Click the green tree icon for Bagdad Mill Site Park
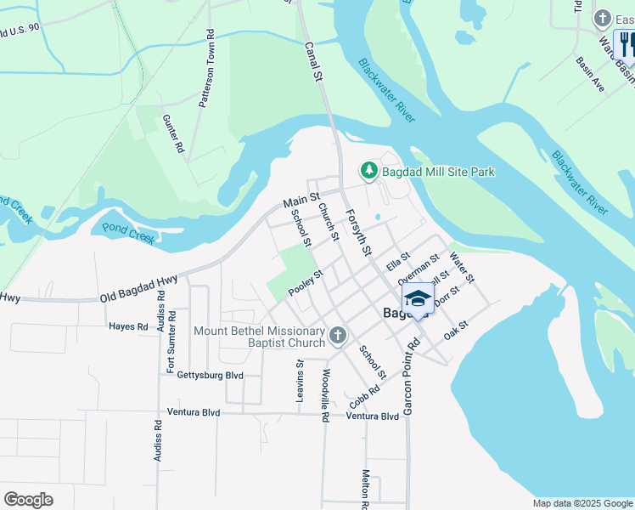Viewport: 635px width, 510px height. [x=369, y=172]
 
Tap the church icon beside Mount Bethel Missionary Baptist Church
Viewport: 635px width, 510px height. [x=337, y=336]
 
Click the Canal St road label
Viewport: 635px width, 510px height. [x=314, y=63]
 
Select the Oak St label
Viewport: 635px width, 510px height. [x=456, y=329]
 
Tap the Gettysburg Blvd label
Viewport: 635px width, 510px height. [x=210, y=375]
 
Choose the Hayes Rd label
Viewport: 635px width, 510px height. [x=128, y=326]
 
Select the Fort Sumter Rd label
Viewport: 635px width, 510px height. [x=171, y=342]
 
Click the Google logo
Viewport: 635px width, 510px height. [x=28, y=500]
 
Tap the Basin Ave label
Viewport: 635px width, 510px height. [x=589, y=75]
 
